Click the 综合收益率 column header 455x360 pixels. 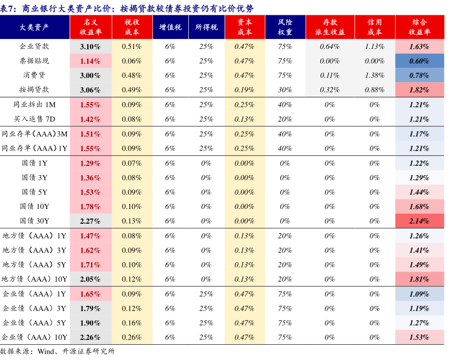coord(419,27)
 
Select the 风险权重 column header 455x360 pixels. coord(286,27)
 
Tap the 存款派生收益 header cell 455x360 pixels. coord(330,27)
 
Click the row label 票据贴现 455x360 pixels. coord(35,61)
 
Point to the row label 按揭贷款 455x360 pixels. coord(35,90)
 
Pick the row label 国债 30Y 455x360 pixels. coord(35,221)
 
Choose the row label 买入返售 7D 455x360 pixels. coord(35,119)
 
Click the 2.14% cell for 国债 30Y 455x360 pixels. coord(419,221)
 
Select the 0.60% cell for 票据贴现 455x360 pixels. coord(419,61)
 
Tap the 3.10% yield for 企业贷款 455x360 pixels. coord(90,46)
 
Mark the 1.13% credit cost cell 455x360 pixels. coord(375,46)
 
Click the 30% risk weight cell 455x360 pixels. coord(286,90)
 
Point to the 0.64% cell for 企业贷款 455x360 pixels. coord(330,46)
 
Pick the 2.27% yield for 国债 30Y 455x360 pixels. coord(90,221)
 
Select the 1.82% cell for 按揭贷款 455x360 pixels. coord(419,90)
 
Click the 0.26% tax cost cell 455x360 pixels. coord(132,337)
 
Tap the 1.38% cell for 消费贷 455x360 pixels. coord(375,75)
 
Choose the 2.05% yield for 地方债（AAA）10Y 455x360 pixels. coord(90,279)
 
